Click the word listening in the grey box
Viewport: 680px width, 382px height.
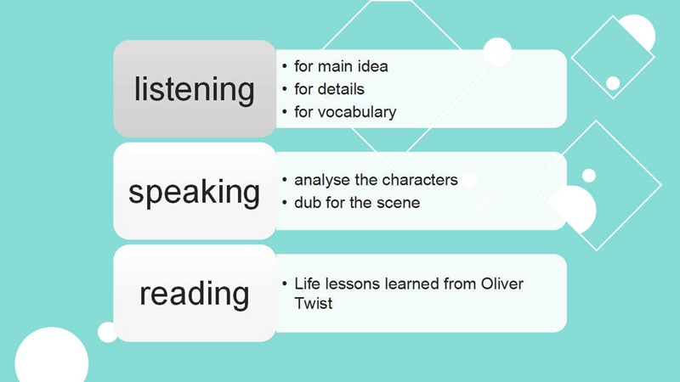point(195,90)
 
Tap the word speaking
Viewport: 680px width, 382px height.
point(195,192)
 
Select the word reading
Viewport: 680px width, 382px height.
point(195,294)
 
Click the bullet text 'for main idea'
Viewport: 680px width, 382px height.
point(341,66)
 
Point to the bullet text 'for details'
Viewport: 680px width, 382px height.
point(329,89)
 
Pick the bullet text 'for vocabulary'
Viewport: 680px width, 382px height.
point(345,112)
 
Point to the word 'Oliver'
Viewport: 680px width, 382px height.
point(501,284)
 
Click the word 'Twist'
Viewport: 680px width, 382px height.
point(313,303)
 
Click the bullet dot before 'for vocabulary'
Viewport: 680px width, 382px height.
point(285,112)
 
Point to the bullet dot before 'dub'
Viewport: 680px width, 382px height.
point(285,203)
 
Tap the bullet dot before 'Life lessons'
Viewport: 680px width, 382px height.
point(285,284)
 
